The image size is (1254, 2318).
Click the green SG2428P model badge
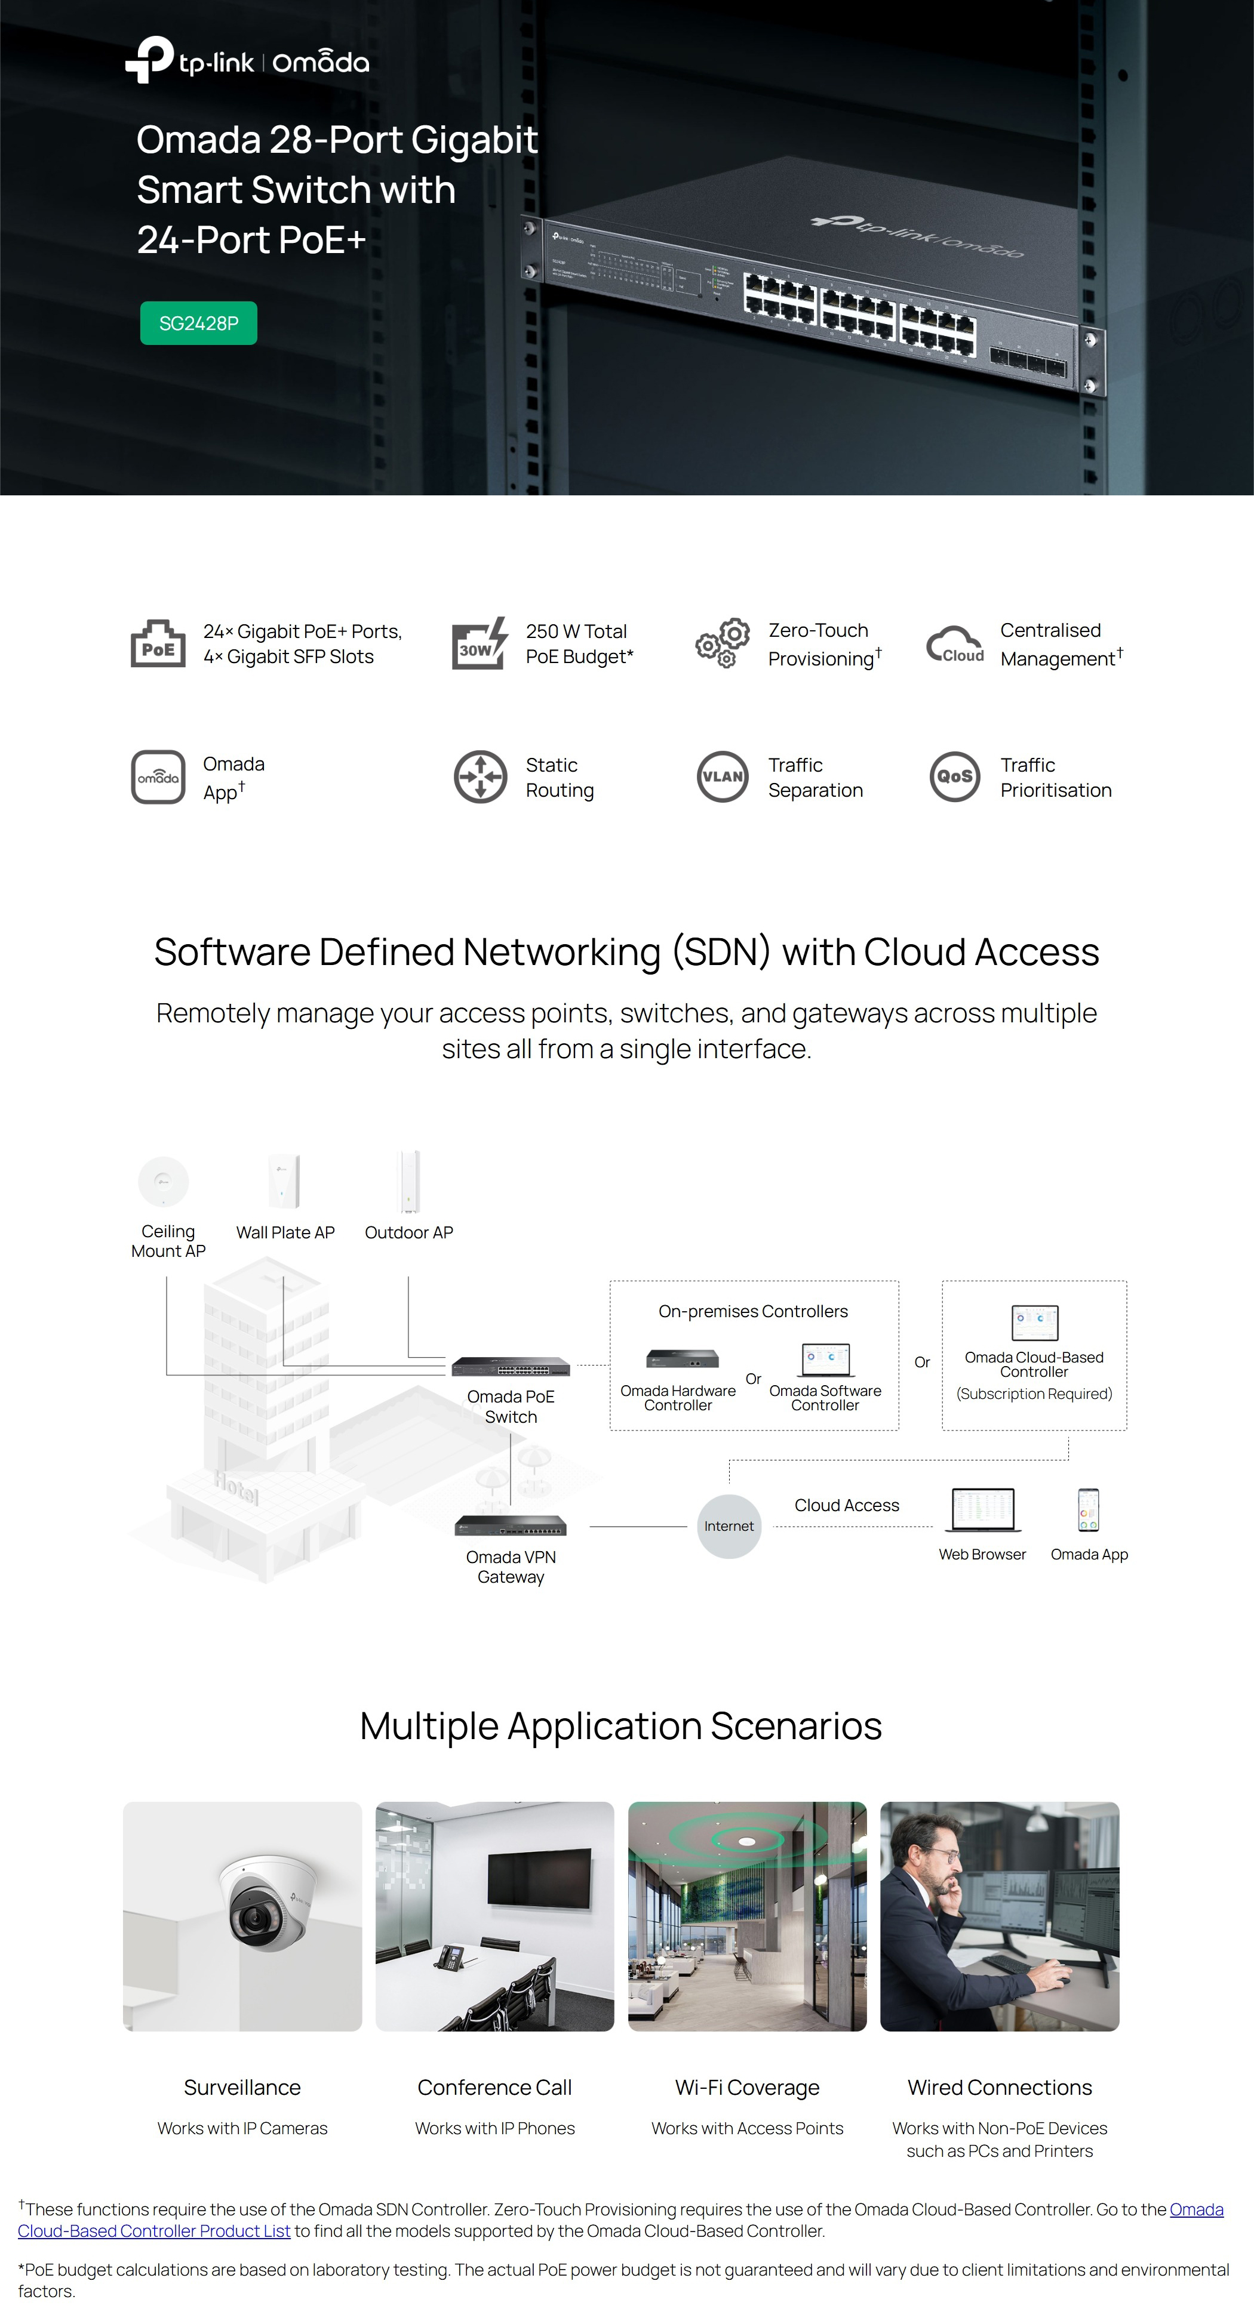point(198,323)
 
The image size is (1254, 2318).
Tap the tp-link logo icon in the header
point(149,60)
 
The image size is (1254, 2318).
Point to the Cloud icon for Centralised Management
point(955,645)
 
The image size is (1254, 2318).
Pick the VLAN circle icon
point(722,776)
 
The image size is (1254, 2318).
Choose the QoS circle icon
point(954,776)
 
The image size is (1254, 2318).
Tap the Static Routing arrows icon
point(480,776)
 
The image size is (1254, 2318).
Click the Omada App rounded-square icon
point(158,776)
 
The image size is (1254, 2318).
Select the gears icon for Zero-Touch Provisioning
point(722,643)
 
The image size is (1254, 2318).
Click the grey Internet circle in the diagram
point(729,1526)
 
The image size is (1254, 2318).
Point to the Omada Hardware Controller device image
point(683,1359)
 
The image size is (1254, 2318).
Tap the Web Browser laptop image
point(982,1509)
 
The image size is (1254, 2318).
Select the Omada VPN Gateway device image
point(511,1525)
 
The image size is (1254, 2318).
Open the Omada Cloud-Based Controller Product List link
point(620,2220)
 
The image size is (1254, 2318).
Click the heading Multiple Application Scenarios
point(620,1726)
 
